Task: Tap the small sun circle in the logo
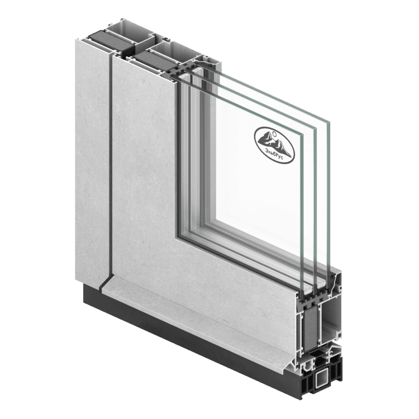[274, 132]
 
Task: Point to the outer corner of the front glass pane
[303, 135]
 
